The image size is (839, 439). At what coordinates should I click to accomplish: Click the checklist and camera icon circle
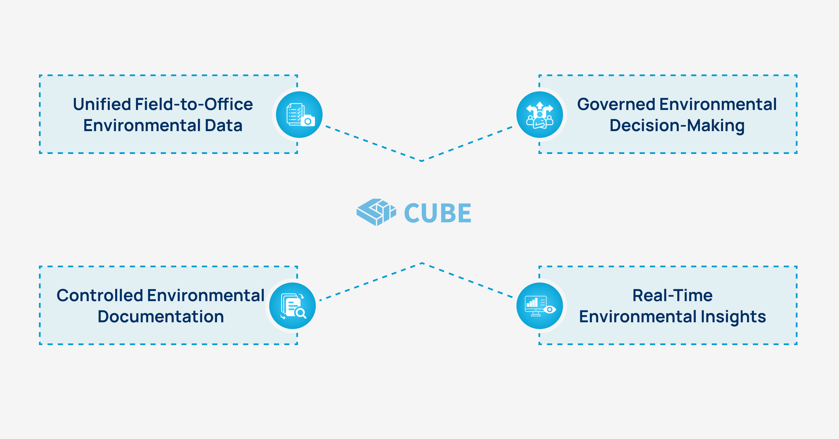coord(299,114)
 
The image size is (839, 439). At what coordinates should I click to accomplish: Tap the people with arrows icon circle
coord(540,114)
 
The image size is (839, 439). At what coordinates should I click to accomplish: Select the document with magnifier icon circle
coord(292,306)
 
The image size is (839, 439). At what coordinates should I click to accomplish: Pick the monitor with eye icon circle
coord(540,306)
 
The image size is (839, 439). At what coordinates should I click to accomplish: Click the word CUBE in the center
coord(437,213)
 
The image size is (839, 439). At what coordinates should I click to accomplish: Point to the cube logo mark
coord(376,212)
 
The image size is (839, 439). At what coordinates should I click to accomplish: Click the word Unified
coord(102,104)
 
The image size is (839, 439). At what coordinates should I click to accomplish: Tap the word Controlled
coord(100,295)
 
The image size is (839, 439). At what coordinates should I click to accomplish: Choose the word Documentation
coord(161,317)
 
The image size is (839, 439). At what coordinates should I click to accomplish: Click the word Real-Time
coord(672,295)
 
